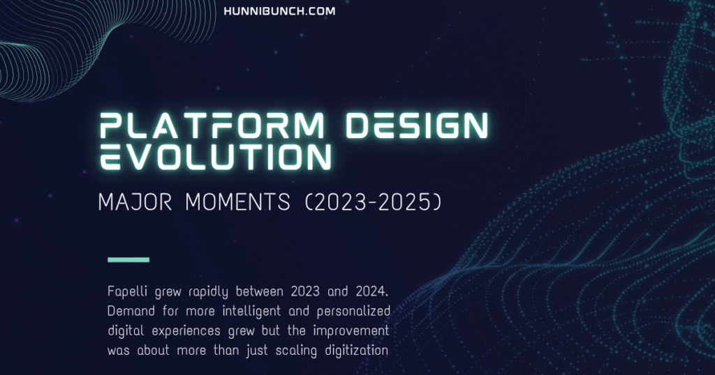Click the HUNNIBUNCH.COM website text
279,11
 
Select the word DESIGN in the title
418,125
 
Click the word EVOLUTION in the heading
215,157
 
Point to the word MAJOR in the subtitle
135,202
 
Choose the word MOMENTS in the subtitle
237,202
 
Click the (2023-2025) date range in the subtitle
373,202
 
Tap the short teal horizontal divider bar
128,260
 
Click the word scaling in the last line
296,351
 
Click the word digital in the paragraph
126,332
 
